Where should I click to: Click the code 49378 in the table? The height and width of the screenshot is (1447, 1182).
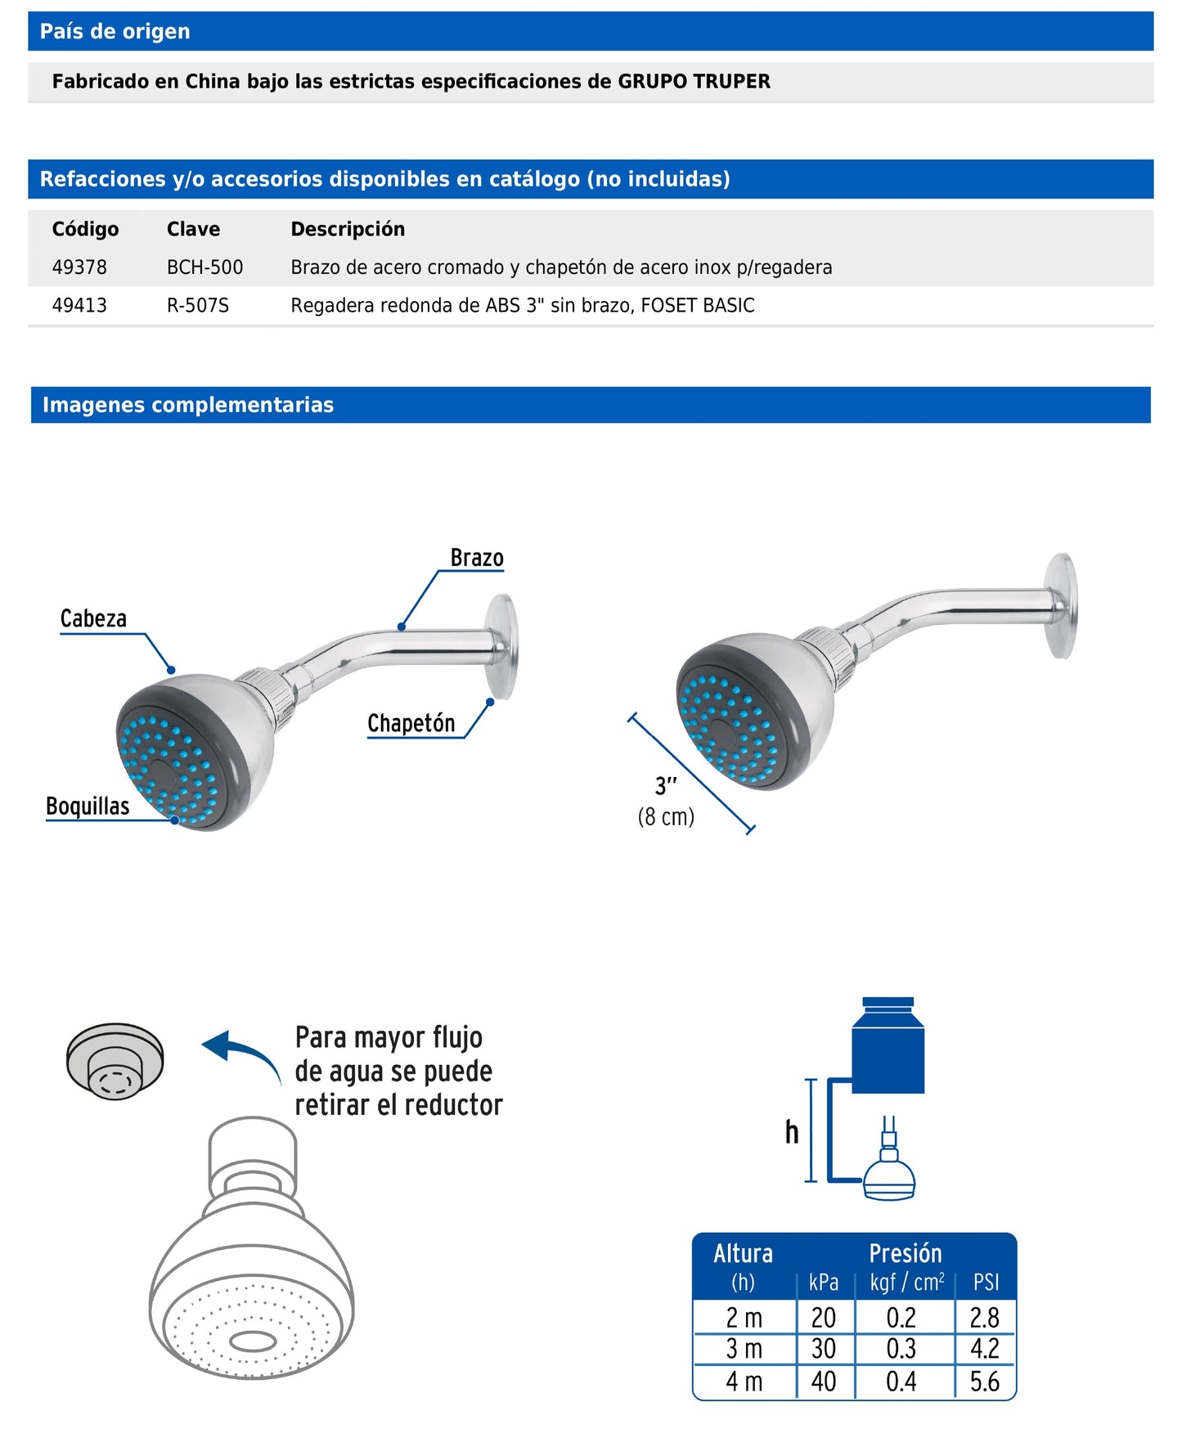(79, 267)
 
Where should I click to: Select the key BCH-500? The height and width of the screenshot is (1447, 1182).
(204, 267)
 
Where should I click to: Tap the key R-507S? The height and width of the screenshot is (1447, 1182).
(198, 306)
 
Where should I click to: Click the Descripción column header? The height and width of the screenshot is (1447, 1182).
(348, 229)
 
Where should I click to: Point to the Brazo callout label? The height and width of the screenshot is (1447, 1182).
(477, 558)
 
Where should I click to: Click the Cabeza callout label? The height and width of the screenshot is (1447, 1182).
(93, 618)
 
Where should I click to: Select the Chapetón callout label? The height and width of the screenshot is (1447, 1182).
(411, 723)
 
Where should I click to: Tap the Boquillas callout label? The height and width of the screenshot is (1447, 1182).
(88, 807)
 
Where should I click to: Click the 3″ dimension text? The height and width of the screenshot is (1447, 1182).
(666, 786)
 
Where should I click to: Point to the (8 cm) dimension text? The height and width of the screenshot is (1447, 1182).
(666, 816)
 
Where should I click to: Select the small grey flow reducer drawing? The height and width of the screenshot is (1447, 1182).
(115, 1062)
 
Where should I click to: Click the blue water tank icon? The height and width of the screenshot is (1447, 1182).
(888, 1046)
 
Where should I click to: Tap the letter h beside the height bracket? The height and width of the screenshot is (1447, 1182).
(791, 1132)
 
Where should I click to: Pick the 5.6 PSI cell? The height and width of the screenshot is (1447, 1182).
(984, 1382)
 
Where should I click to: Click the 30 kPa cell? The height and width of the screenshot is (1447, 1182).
(823, 1348)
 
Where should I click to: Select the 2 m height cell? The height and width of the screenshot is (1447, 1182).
(744, 1318)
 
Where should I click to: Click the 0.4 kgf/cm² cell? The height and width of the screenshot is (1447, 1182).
(901, 1382)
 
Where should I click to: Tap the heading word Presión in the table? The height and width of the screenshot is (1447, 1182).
(905, 1253)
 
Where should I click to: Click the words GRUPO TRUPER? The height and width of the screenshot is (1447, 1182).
(694, 82)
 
